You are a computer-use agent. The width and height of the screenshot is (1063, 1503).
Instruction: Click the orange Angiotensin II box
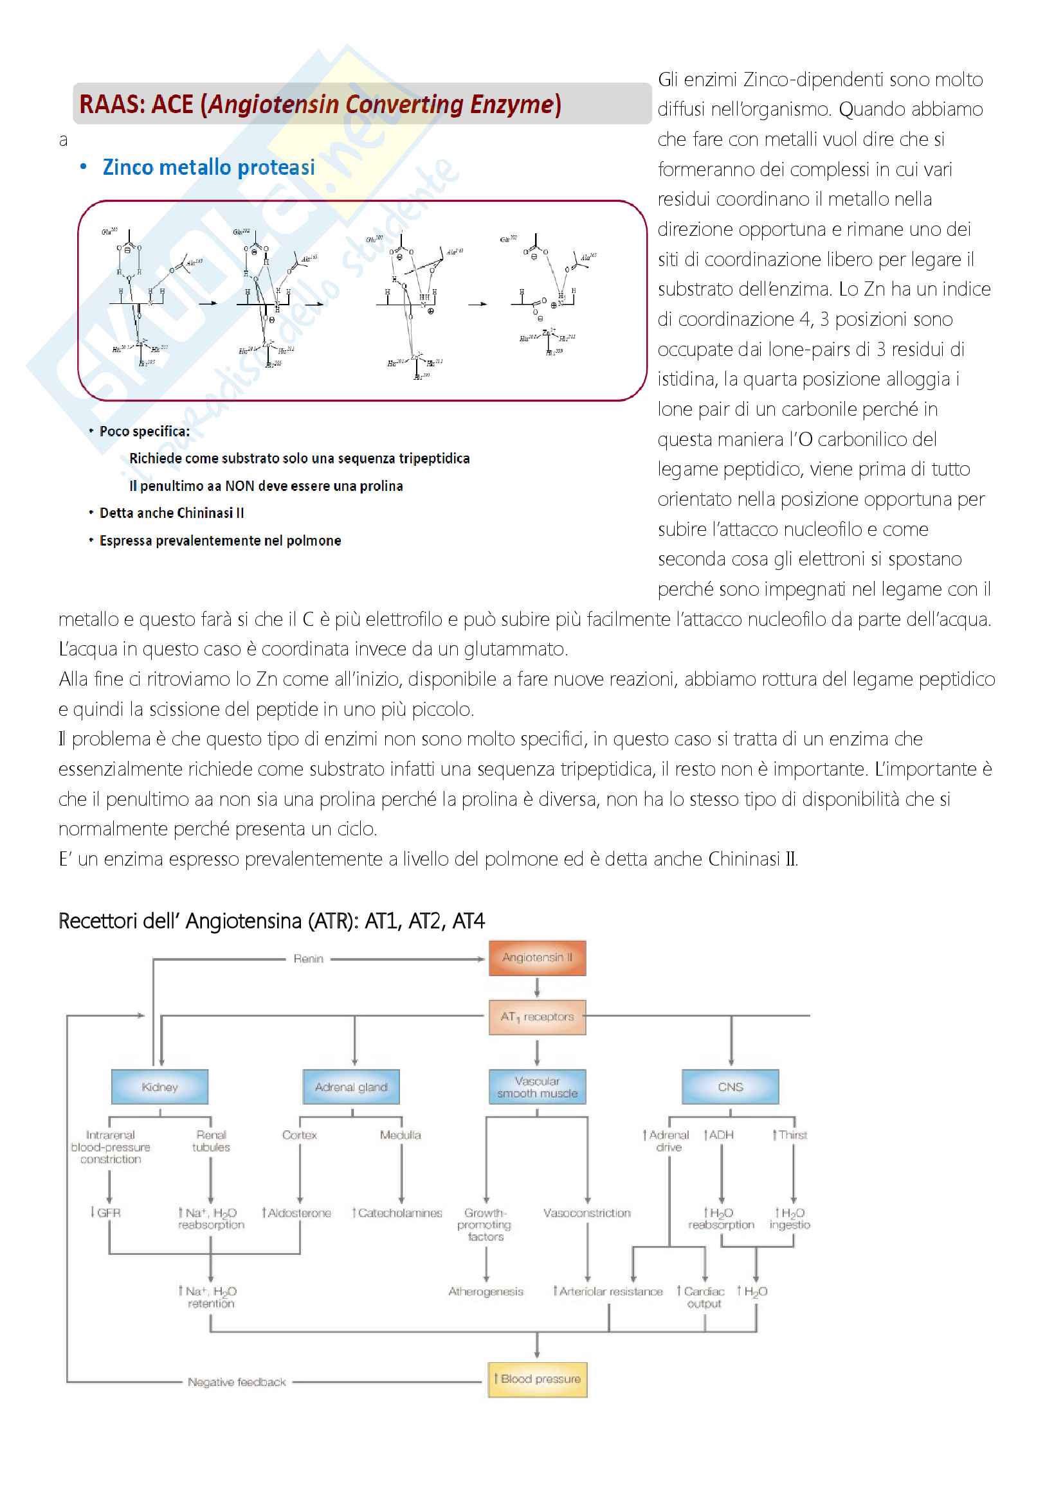(x=537, y=957)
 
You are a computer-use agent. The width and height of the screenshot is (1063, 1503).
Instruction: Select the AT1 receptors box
(x=537, y=1017)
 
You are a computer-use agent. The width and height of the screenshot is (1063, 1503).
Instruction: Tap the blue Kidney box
(x=160, y=1087)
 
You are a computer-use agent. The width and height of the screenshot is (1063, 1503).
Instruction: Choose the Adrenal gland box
(x=351, y=1087)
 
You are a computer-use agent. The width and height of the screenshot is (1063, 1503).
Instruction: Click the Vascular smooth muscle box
(x=537, y=1087)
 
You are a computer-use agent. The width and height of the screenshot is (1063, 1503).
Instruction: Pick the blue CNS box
(x=731, y=1087)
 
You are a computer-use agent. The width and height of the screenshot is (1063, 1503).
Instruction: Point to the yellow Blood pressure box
(x=537, y=1379)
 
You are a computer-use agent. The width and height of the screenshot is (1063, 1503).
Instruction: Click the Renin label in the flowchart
(x=309, y=958)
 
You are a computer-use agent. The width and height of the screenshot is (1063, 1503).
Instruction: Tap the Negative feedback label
(x=237, y=1382)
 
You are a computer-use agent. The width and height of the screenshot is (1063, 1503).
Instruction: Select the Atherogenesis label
(x=486, y=1292)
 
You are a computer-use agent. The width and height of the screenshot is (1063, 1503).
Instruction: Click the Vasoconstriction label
(x=587, y=1213)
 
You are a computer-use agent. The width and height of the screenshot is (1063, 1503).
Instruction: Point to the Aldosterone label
(x=296, y=1213)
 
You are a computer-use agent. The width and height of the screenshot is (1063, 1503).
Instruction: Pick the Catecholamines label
(x=397, y=1213)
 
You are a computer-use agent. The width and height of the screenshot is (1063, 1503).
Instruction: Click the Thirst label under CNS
(x=790, y=1135)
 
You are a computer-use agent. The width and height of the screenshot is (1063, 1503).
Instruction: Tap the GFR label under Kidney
(x=106, y=1213)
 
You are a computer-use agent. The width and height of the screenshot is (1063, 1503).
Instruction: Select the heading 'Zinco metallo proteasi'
(x=208, y=168)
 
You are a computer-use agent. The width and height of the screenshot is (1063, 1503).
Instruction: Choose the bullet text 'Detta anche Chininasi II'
(x=172, y=513)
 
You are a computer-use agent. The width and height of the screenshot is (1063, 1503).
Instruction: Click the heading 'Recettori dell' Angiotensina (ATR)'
(x=271, y=921)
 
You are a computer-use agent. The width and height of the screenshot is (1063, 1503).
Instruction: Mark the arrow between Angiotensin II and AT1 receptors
(x=537, y=987)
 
